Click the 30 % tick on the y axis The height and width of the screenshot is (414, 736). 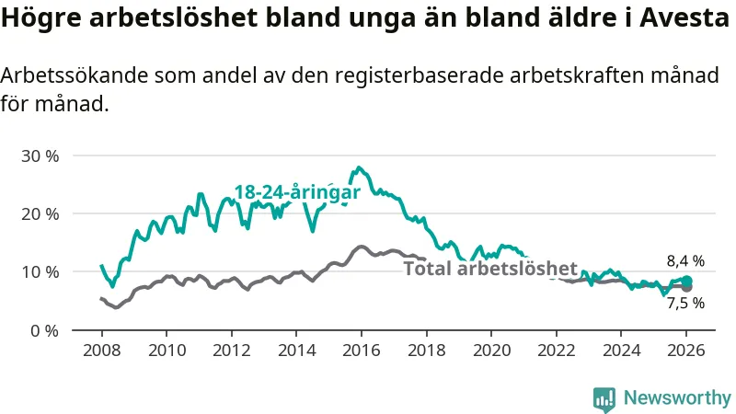pos(40,155)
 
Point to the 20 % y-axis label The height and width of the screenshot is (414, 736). pos(40,213)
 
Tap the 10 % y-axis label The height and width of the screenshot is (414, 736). pos(40,271)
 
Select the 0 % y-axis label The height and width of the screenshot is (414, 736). pos(43,329)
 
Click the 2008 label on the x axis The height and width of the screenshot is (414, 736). pos(101,351)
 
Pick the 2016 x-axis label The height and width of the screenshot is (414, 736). pos(361,351)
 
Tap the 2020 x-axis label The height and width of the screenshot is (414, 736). pos(490,351)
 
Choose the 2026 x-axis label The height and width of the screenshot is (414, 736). pos(685,351)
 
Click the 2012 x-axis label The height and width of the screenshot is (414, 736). pos(231,351)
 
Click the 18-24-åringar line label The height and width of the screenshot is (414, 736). pos(296,192)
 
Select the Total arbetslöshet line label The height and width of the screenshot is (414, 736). pos(490,269)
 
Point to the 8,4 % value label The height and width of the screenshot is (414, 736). pos(685,261)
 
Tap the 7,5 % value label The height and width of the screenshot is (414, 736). pos(685,303)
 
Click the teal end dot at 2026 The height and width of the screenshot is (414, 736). pos(686,281)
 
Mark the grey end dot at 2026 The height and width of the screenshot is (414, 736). pos(686,287)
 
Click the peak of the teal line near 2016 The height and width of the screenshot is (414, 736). pos(359,167)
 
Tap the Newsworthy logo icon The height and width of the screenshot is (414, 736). pos(604,397)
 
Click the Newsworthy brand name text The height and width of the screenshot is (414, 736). pos(677,397)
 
